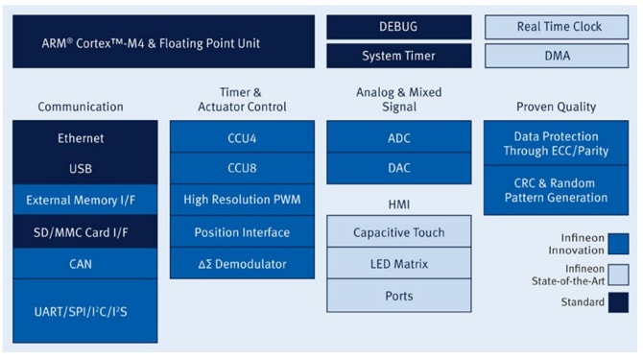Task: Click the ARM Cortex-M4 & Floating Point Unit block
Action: pyautogui.click(x=163, y=42)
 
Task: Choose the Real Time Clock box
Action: pyautogui.click(x=557, y=27)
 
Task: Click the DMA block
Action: pyautogui.click(x=557, y=56)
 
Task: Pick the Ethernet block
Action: pyautogui.click(x=84, y=138)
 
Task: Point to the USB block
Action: pyautogui.click(x=84, y=169)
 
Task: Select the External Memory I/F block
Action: pyautogui.click(x=84, y=201)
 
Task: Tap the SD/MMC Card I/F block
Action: pyautogui.click(x=84, y=231)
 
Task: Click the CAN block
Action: pyautogui.click(x=84, y=262)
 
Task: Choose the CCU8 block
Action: pyautogui.click(x=241, y=169)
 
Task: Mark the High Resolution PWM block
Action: pyautogui.click(x=241, y=201)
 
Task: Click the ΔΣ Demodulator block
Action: pyautogui.click(x=241, y=262)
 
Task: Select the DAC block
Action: pyautogui.click(x=398, y=169)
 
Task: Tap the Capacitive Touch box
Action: pyautogui.click(x=398, y=232)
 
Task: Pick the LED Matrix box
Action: pyautogui.click(x=398, y=263)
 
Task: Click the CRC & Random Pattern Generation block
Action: pyautogui.click(x=556, y=190)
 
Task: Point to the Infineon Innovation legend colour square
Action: pyautogui.click(x=619, y=243)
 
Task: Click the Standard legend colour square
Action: pyautogui.click(x=619, y=302)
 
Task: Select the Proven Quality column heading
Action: pyautogui.click(x=556, y=107)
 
